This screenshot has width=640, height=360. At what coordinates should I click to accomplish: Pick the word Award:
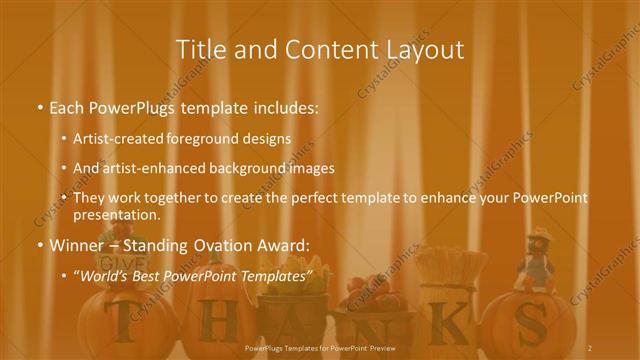[285, 245]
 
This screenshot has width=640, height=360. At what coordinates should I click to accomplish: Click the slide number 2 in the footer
[589, 347]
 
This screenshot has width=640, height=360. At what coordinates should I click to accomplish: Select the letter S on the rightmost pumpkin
[538, 322]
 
